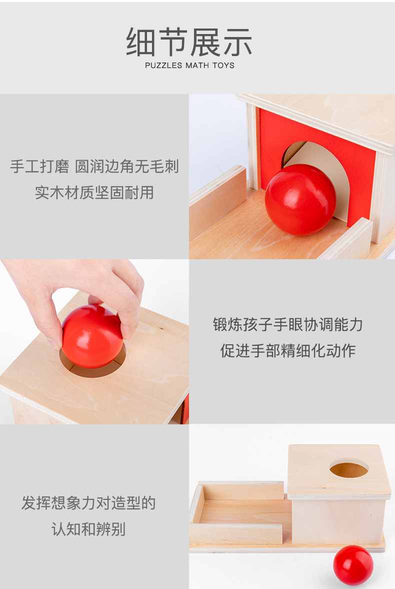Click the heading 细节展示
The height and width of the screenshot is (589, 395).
[189, 42]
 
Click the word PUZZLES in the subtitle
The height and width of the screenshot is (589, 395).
[163, 66]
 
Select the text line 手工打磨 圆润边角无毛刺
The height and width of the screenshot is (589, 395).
[94, 167]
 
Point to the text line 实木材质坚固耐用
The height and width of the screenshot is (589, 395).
[94, 192]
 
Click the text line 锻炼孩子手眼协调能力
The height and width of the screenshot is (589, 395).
[288, 325]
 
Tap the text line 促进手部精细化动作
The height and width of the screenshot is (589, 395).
[288, 350]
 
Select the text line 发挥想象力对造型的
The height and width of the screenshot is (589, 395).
[88, 503]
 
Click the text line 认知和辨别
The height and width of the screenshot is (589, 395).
[88, 529]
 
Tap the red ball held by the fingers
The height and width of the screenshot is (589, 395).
[92, 336]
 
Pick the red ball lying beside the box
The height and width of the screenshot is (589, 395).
[353, 565]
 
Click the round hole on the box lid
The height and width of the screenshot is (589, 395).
[348, 469]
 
